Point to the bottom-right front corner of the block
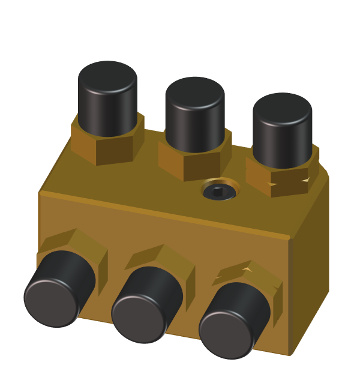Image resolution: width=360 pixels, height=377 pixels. tap(290, 354)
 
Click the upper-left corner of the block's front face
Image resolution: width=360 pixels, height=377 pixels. tap(40, 194)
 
